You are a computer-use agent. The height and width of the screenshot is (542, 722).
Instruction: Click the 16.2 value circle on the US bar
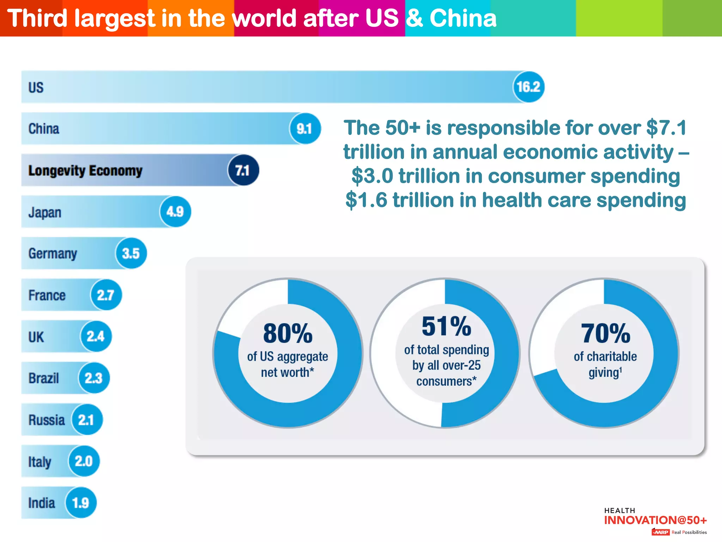pyautogui.click(x=528, y=87)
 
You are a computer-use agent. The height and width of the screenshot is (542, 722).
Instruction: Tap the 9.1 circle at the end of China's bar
pyautogui.click(x=305, y=128)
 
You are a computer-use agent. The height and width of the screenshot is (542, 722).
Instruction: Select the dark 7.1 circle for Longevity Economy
pyautogui.click(x=243, y=170)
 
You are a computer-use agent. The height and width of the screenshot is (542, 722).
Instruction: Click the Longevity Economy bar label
pyautogui.click(x=85, y=170)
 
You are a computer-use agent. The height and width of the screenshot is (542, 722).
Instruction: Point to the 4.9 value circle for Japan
pyautogui.click(x=175, y=212)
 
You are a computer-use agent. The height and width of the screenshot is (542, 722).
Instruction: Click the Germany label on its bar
pyautogui.click(x=53, y=253)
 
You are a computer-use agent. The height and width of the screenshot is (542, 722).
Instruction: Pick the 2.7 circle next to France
pyautogui.click(x=106, y=295)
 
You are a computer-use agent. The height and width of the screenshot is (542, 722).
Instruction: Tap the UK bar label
pyautogui.click(x=36, y=337)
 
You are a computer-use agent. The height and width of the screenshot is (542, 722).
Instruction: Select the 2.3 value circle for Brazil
pyautogui.click(x=93, y=378)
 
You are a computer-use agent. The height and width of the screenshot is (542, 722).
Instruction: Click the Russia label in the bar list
pyautogui.click(x=47, y=420)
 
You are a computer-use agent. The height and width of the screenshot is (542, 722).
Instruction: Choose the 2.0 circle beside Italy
pyautogui.click(x=84, y=461)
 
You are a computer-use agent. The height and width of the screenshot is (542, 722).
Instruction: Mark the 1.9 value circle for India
pyautogui.click(x=80, y=503)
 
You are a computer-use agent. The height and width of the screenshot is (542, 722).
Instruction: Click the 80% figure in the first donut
pyautogui.click(x=288, y=333)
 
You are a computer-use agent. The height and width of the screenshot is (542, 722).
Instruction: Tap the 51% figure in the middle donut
pyautogui.click(x=446, y=326)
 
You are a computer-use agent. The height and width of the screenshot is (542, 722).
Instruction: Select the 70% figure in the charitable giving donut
pyautogui.click(x=605, y=333)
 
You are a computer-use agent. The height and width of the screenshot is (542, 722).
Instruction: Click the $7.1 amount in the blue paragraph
pyautogui.click(x=666, y=128)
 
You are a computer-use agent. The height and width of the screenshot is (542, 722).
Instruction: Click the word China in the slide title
pyautogui.click(x=463, y=18)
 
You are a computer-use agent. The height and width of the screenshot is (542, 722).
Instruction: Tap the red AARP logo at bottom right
pyautogui.click(x=661, y=532)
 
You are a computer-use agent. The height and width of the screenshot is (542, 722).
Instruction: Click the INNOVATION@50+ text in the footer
pyautogui.click(x=655, y=520)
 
